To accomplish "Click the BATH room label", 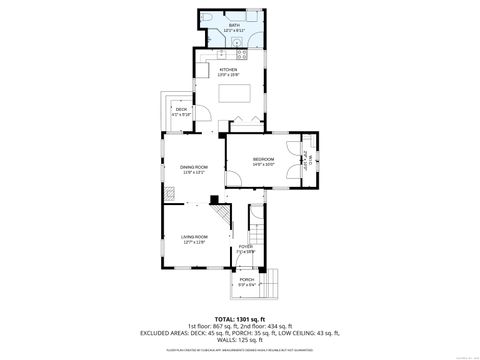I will [234, 26].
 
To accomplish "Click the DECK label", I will [181, 109].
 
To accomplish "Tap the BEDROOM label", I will [264, 160].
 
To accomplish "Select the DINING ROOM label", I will [193, 169].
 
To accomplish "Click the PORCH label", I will [246, 281].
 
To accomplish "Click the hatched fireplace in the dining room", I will [171, 197].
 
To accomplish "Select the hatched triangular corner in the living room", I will [216, 200].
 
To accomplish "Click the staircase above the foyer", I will [258, 237].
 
